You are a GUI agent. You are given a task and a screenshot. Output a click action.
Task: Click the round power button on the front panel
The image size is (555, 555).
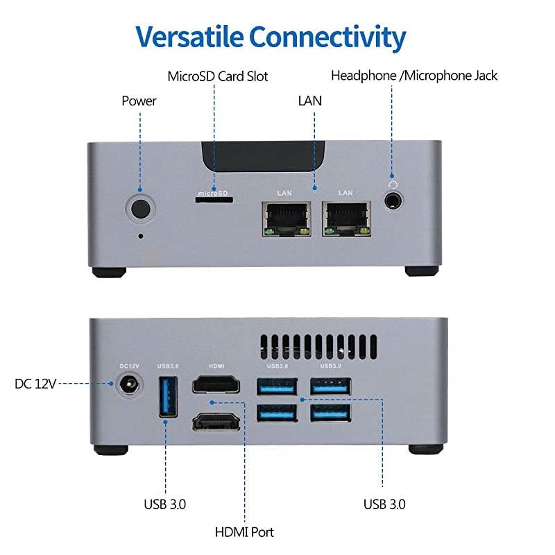click(x=140, y=209)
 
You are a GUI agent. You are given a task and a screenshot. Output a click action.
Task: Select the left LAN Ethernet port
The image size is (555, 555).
click(x=285, y=218)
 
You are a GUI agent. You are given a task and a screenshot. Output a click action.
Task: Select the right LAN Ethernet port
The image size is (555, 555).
click(x=345, y=218)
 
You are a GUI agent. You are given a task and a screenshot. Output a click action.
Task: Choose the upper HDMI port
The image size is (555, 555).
click(x=216, y=385)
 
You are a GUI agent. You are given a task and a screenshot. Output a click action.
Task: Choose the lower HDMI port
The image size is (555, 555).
click(x=216, y=420)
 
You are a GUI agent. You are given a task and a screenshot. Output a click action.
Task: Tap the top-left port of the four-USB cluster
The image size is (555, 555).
click(x=277, y=386)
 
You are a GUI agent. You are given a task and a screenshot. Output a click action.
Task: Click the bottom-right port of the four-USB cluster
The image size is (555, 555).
click(x=330, y=413)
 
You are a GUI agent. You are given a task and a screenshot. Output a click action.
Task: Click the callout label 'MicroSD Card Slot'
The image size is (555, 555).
click(x=217, y=76)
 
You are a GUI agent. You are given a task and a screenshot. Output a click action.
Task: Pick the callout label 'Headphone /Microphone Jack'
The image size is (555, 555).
click(x=414, y=76)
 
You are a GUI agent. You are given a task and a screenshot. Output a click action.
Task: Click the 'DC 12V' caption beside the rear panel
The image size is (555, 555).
click(x=35, y=384)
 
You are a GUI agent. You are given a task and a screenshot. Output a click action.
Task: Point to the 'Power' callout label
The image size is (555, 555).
click(x=139, y=101)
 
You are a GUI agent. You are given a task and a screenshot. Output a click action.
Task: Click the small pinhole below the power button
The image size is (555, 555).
click(x=142, y=236)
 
